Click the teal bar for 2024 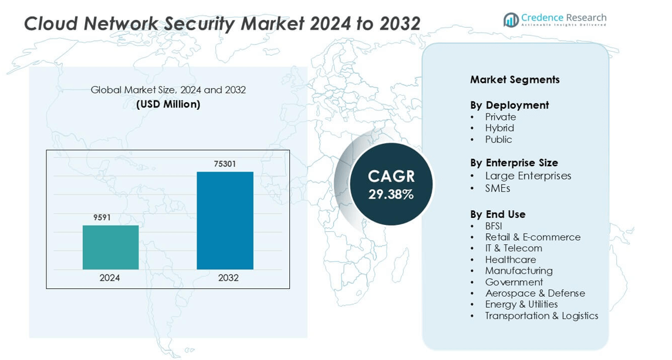(x=110, y=247)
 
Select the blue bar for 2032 (x=225, y=220)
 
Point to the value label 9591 (x=102, y=218)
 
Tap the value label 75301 (x=225, y=164)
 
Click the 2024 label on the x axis (x=110, y=278)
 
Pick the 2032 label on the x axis (x=228, y=278)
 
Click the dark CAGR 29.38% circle (x=391, y=184)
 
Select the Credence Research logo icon (x=511, y=20)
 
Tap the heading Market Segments (x=515, y=80)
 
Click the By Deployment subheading (x=509, y=105)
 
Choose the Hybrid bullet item (x=499, y=128)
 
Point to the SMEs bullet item (x=498, y=189)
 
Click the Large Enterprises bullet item (x=528, y=176)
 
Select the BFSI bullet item (x=494, y=226)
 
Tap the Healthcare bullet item (x=510, y=260)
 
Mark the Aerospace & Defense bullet (x=535, y=293)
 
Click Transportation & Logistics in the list (x=541, y=315)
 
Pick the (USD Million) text (x=168, y=105)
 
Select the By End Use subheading (x=498, y=214)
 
